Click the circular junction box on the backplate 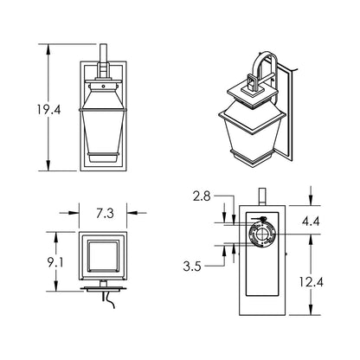[x=260, y=235]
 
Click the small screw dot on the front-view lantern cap [x=103, y=86]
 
